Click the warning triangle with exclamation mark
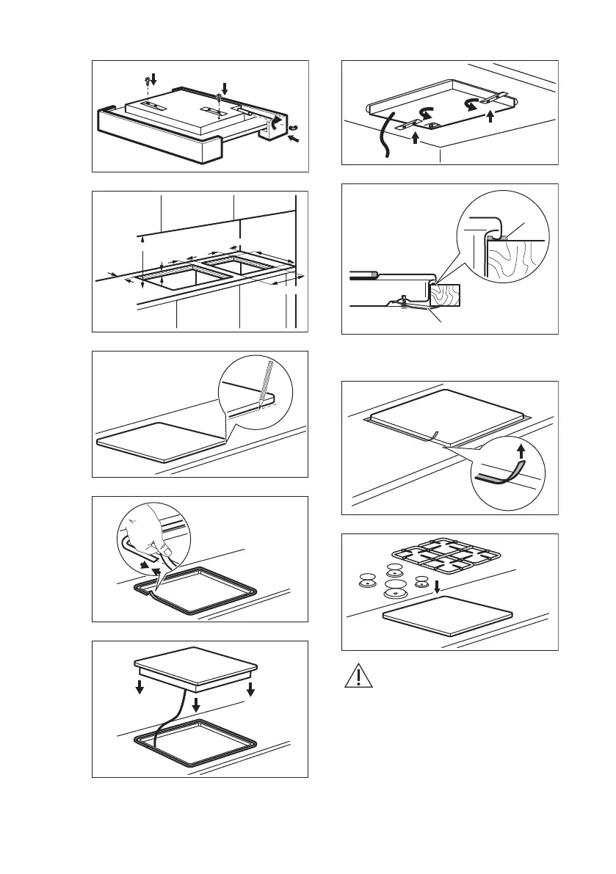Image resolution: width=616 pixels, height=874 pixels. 358,676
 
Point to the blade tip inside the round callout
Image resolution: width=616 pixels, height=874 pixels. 262,400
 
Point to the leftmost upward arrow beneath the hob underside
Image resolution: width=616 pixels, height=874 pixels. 416,138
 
